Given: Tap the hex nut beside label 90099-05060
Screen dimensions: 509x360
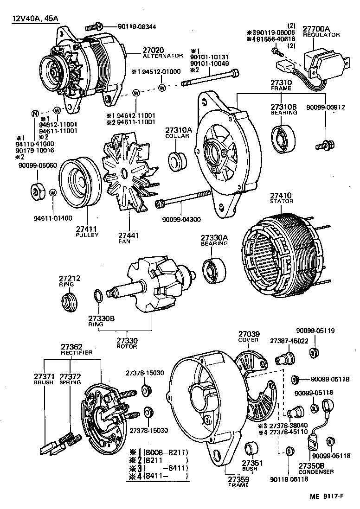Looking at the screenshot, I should tap(37, 191).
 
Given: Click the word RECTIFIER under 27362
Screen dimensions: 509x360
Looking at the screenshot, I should tap(77, 353).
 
